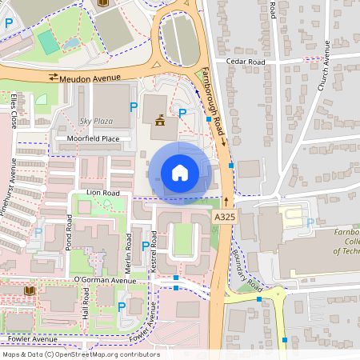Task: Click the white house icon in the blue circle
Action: point(180,173)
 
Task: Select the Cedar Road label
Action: point(245,61)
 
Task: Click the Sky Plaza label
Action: point(97,121)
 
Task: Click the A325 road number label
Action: point(225,217)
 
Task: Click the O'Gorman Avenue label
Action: point(104,280)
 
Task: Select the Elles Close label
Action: point(14,110)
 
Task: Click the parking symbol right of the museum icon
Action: point(182,114)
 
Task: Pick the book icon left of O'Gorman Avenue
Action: point(30,290)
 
